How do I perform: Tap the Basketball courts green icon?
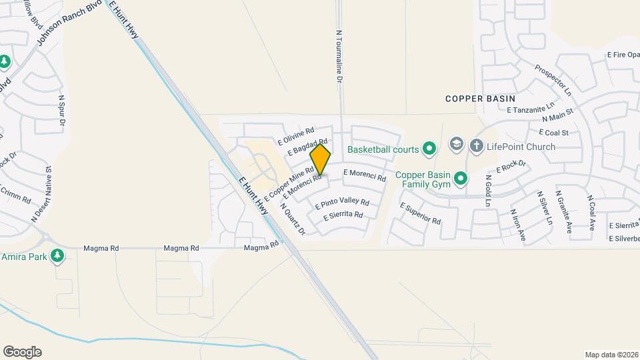(x=429, y=148)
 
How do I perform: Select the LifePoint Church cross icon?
(x=476, y=145)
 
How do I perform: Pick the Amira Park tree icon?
(x=58, y=255)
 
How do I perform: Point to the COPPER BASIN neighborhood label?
(x=480, y=99)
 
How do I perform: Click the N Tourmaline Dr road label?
(x=339, y=57)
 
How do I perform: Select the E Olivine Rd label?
(x=295, y=137)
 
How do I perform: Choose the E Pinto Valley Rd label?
(x=342, y=201)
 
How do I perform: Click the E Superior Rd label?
(x=420, y=213)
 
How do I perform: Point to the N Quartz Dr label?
(x=293, y=219)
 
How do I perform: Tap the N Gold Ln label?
(x=489, y=190)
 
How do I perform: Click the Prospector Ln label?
(x=553, y=79)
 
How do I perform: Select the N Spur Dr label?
(x=62, y=111)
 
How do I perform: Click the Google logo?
(x=22, y=352)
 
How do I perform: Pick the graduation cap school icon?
(x=456, y=144)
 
